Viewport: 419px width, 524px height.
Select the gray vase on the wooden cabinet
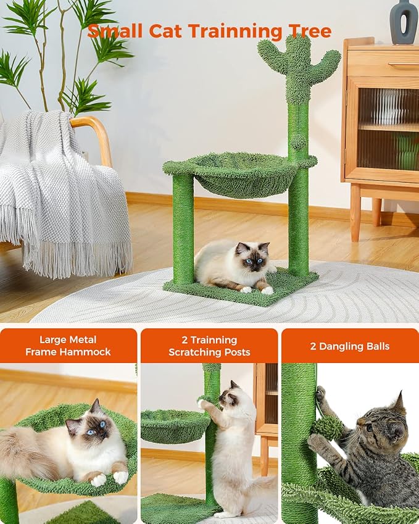click(404, 22)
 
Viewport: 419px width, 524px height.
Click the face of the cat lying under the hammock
click(253, 259)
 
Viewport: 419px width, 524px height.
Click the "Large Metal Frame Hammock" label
click(68, 346)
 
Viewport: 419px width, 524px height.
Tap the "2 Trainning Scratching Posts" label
click(209, 346)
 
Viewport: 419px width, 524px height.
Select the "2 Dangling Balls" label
click(350, 346)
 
